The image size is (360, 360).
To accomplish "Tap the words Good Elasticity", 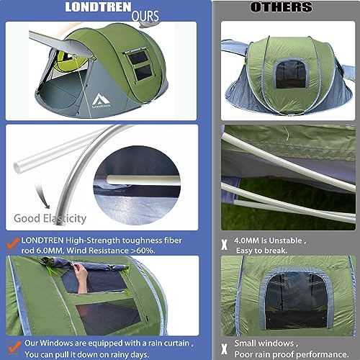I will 50,217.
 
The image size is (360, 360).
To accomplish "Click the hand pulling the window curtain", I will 80,277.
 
